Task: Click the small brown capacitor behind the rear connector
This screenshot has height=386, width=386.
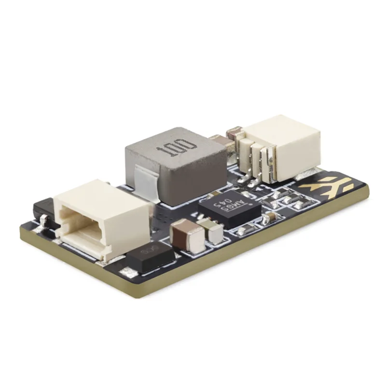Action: point(235,132)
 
